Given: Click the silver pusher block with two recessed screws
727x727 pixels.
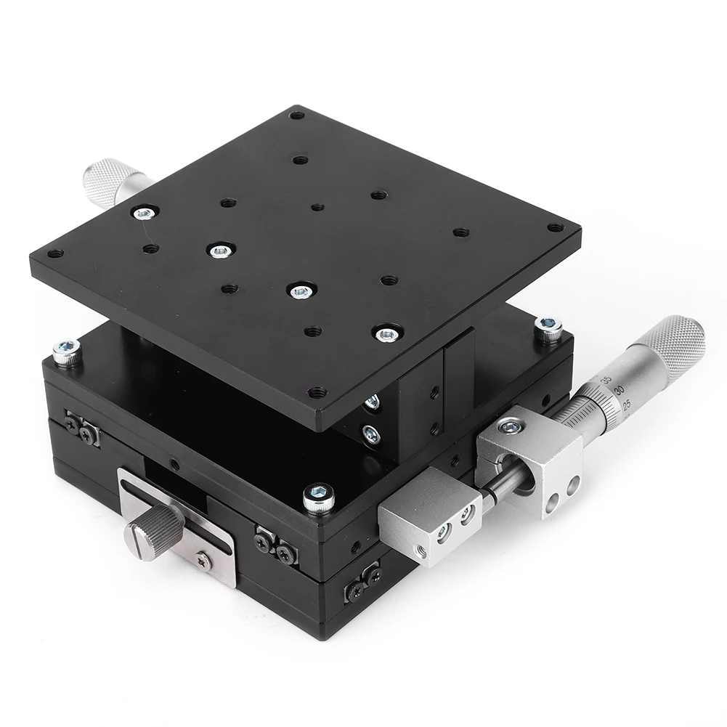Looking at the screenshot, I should [429, 515].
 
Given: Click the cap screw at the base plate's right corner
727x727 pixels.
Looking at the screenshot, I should [548, 328].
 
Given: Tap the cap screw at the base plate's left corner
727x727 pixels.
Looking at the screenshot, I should [67, 352].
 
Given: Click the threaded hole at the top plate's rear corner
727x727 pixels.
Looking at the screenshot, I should [296, 115].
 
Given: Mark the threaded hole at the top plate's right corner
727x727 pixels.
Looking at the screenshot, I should [556, 227].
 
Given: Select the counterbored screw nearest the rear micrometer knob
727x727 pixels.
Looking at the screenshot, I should [144, 213].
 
